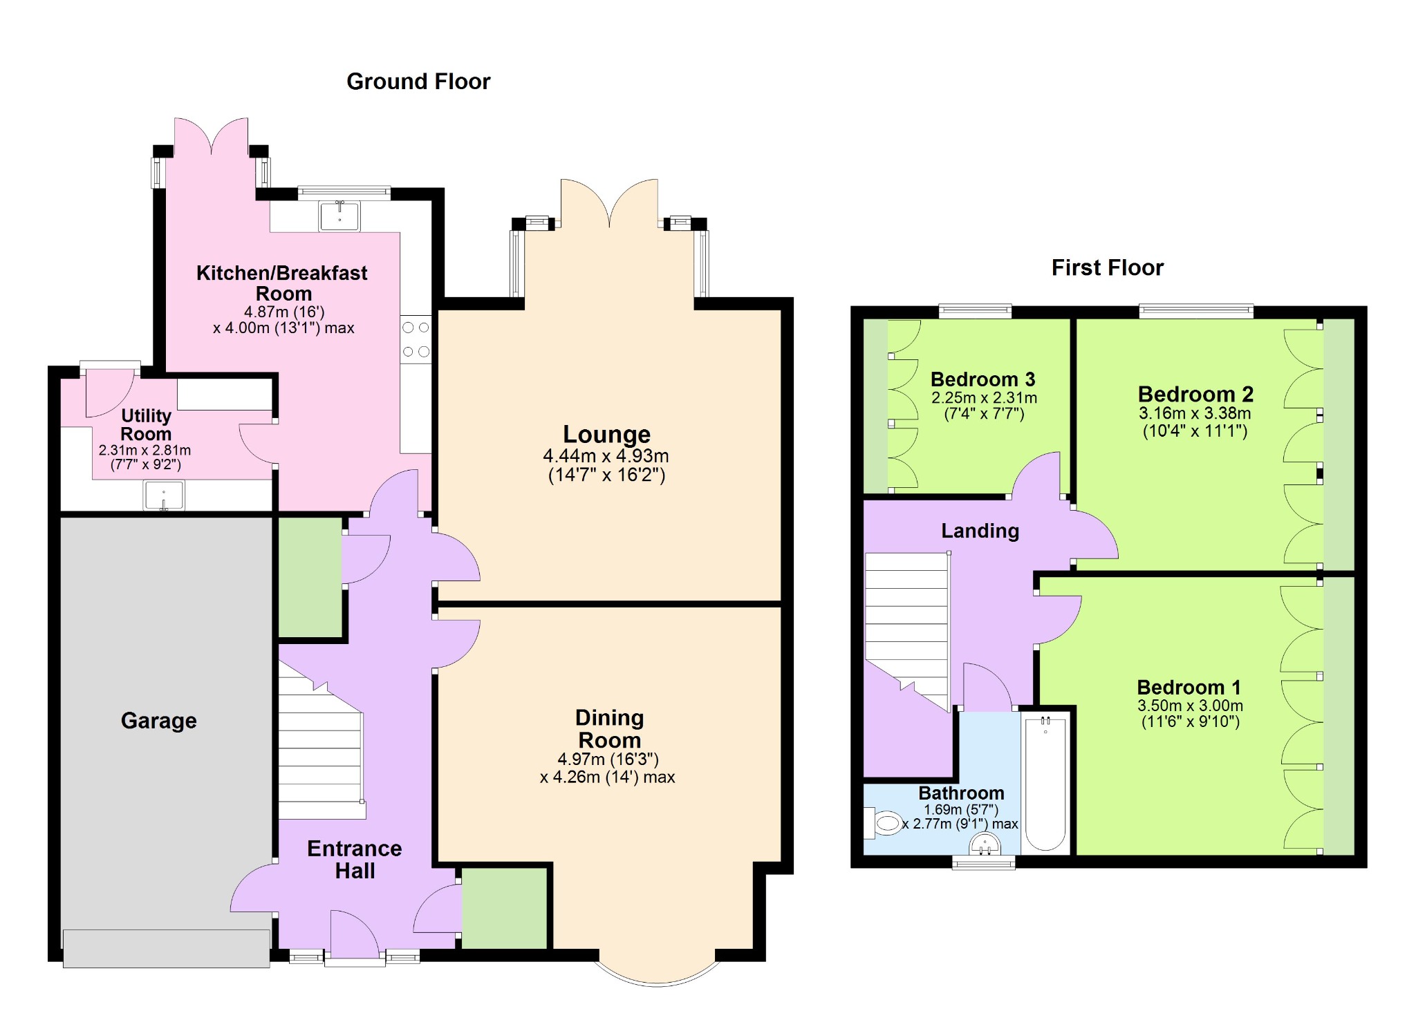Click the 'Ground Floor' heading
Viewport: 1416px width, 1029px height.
(x=418, y=82)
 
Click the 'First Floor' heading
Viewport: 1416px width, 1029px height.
(x=1108, y=267)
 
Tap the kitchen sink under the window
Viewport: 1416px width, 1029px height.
(x=339, y=216)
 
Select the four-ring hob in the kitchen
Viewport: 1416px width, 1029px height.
(x=416, y=339)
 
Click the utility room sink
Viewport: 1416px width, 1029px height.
(x=164, y=495)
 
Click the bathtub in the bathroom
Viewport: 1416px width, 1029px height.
(x=1045, y=784)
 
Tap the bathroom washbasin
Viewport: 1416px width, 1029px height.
(x=985, y=844)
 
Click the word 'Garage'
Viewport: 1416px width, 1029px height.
(x=159, y=721)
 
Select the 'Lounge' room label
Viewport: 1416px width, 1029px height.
(x=606, y=434)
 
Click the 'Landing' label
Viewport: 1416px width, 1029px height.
(x=980, y=531)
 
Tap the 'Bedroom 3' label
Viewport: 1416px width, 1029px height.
(x=982, y=379)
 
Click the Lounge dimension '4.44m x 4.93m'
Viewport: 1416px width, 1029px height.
(x=606, y=456)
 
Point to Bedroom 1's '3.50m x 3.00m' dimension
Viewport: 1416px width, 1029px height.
(x=1190, y=706)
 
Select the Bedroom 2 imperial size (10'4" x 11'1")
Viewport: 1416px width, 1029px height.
(x=1195, y=431)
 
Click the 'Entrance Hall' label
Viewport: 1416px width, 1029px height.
(x=355, y=859)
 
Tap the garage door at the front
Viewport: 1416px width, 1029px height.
(x=166, y=948)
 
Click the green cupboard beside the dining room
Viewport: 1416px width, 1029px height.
(x=505, y=908)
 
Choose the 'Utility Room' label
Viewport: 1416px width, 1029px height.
(x=146, y=424)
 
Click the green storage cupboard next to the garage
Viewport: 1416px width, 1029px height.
(x=310, y=578)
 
